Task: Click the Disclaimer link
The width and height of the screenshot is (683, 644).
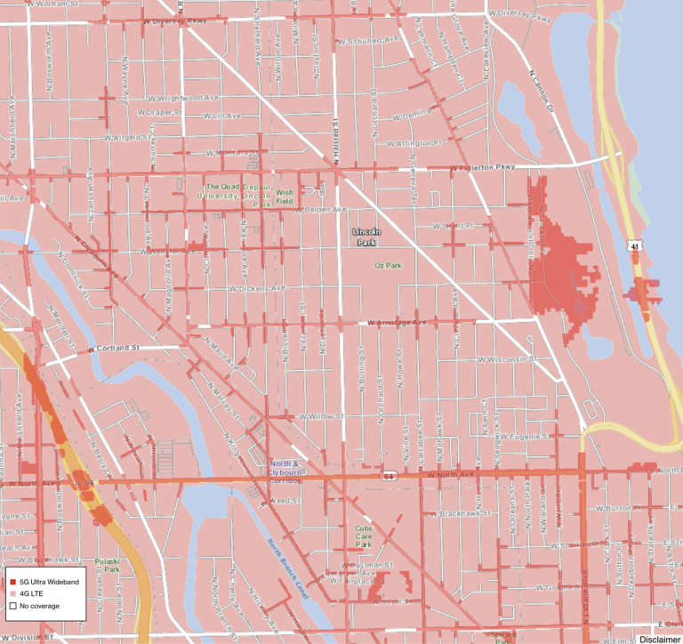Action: (x=659, y=639)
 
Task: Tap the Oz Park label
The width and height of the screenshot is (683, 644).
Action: (x=390, y=265)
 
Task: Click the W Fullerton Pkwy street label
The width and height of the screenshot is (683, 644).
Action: (x=483, y=167)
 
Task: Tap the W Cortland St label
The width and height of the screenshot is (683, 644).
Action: (x=116, y=348)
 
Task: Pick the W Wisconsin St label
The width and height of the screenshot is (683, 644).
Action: (x=506, y=360)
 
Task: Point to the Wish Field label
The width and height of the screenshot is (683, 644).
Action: (x=285, y=197)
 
